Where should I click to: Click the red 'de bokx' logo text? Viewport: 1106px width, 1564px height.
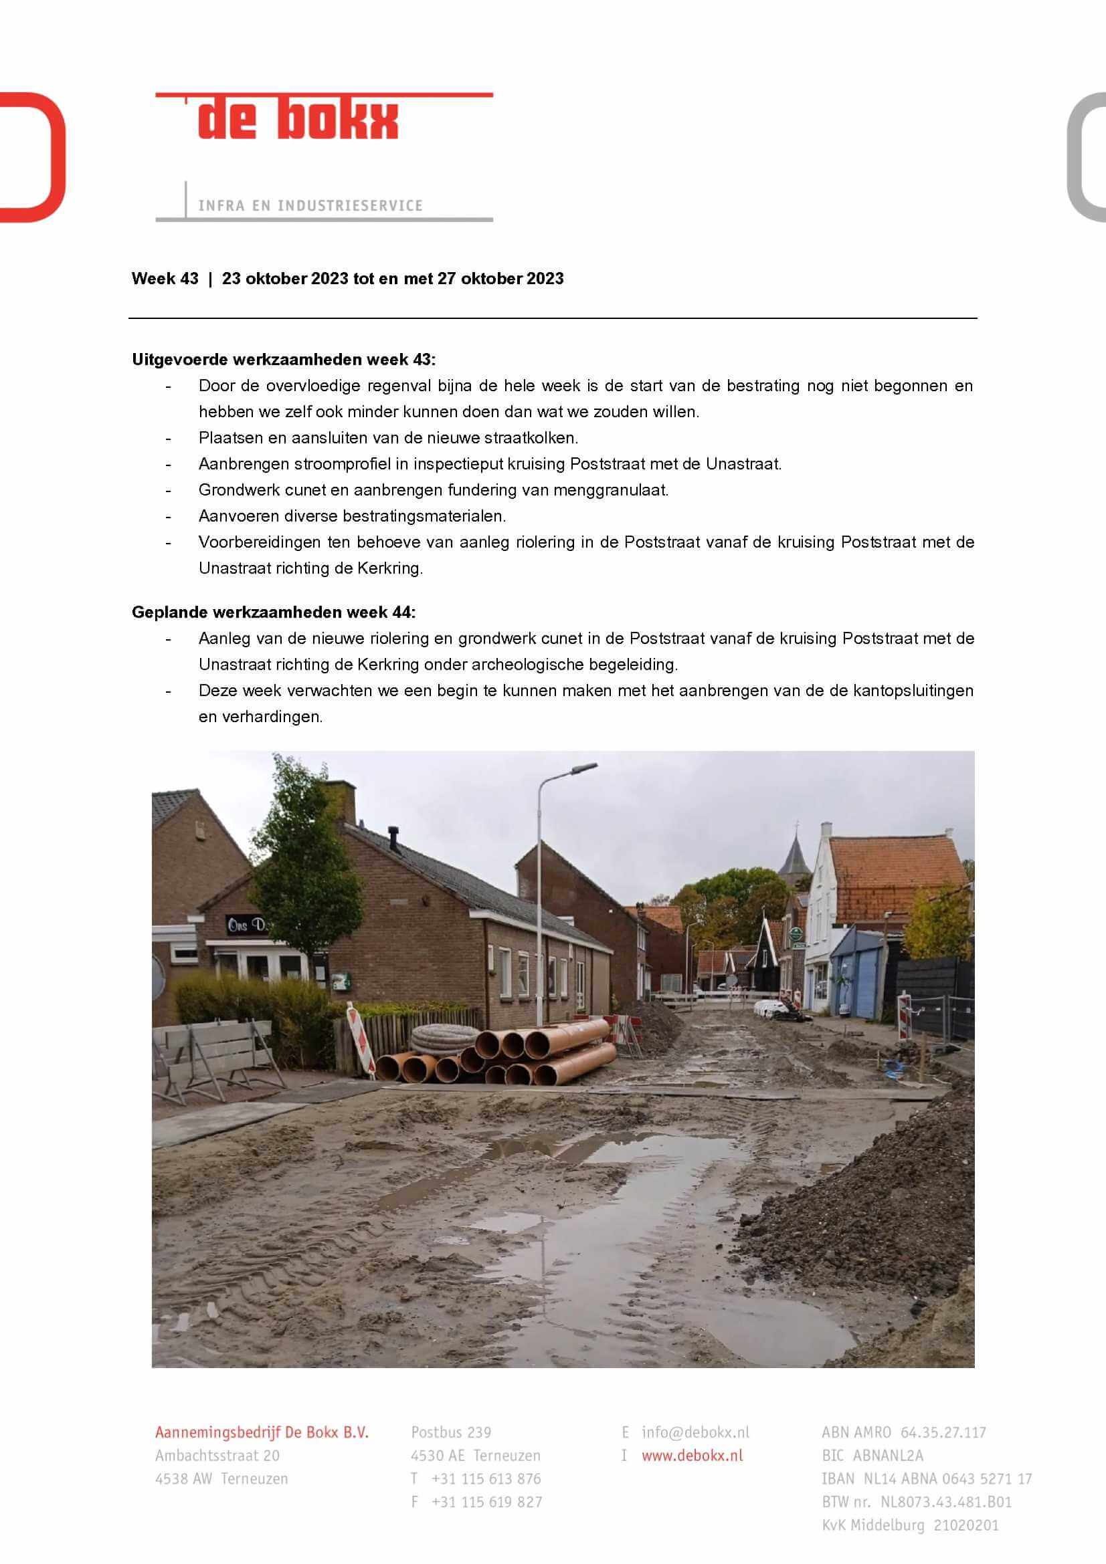(298, 120)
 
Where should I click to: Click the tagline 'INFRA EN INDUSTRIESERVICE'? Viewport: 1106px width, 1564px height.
(310, 206)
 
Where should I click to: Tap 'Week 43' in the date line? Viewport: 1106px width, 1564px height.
(165, 279)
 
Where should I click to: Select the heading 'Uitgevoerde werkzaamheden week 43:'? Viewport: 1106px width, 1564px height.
(284, 359)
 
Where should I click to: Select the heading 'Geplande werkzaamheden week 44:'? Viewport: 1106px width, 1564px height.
(273, 612)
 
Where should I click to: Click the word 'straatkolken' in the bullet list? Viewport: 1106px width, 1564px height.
(535, 437)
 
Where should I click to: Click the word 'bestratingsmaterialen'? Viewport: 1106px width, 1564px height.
(423, 516)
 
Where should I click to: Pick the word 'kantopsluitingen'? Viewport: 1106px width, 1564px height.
(914, 690)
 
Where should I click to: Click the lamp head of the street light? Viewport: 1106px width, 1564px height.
(584, 768)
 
